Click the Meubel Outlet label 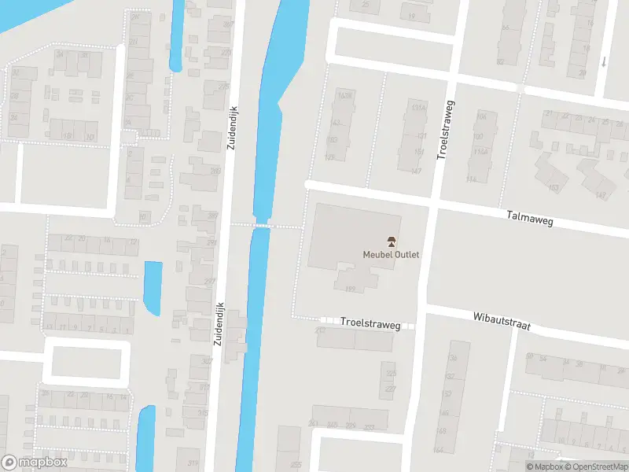[x=391, y=254]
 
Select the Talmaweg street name [x=530, y=222]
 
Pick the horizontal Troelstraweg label [x=370, y=323]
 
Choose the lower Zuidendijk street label [x=220, y=325]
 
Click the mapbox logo [x=34, y=463]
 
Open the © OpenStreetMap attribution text [x=596, y=466]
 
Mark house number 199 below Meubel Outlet [x=351, y=289]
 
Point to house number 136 [x=451, y=359]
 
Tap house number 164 [x=438, y=450]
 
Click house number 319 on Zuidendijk [x=192, y=463]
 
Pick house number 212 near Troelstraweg [x=320, y=331]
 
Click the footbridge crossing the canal [x=263, y=226]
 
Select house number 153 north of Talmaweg [x=554, y=188]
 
